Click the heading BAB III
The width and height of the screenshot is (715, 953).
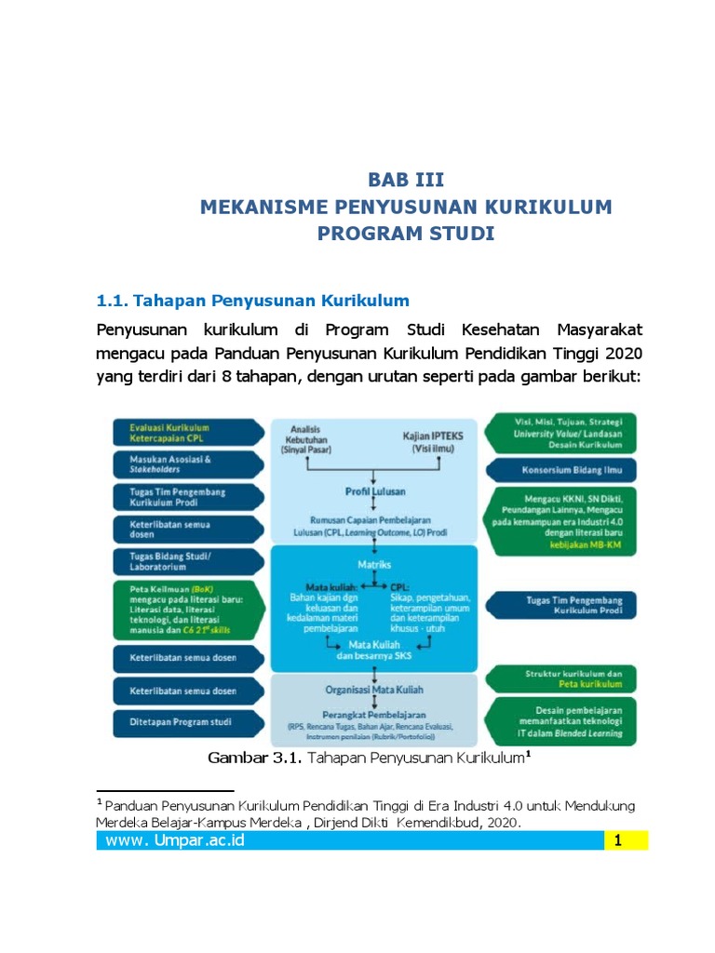[405, 180]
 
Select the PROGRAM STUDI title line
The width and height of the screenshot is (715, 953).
[405, 233]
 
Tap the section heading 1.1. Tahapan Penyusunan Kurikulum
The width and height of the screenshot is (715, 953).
[253, 301]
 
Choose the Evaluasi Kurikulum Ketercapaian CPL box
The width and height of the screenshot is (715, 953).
[186, 432]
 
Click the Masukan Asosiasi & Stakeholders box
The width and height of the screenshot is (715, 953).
[186, 463]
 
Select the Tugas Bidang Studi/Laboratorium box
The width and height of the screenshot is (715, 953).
[186, 561]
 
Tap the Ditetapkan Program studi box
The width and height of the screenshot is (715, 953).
[186, 721]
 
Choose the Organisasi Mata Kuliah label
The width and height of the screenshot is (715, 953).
[374, 690]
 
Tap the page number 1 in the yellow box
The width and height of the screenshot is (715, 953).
[617, 842]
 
